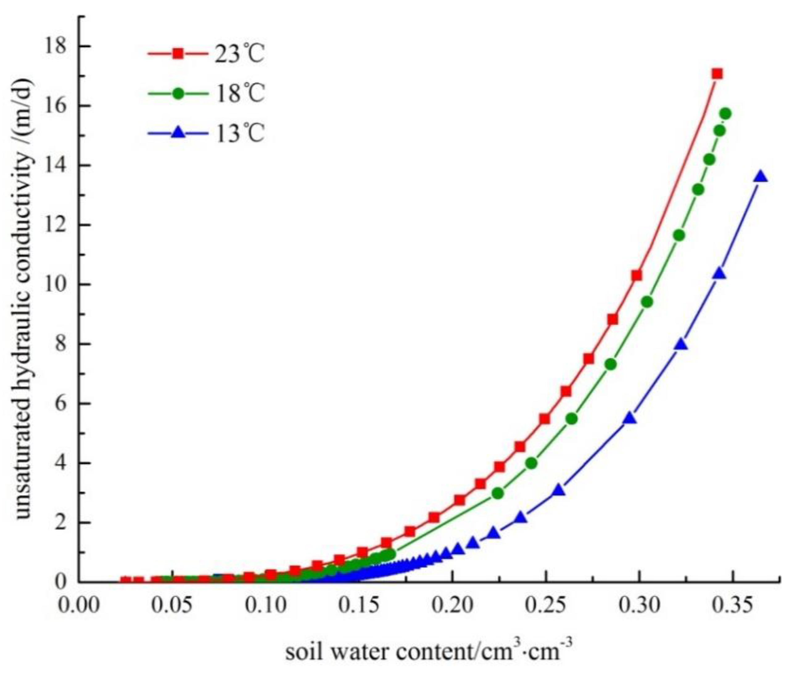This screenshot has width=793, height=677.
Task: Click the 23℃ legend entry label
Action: click(239, 54)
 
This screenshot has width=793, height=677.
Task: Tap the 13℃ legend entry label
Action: click(239, 134)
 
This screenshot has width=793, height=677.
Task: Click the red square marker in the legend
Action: click(178, 54)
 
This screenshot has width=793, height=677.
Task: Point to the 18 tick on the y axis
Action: click(56, 46)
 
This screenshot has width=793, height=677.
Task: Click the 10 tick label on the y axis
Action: click(56, 285)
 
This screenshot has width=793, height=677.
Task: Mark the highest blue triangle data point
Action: click(761, 177)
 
